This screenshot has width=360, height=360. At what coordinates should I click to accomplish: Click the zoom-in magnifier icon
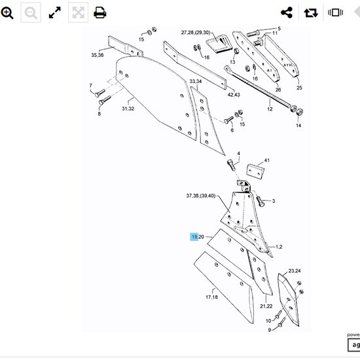point(8,12)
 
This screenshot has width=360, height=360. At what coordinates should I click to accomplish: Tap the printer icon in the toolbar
point(100,12)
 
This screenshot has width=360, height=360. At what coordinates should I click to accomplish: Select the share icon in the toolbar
point(286,12)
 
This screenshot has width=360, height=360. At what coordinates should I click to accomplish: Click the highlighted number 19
point(194,237)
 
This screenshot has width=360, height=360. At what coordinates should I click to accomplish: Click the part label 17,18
point(212,297)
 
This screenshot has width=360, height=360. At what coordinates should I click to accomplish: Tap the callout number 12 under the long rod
point(269,109)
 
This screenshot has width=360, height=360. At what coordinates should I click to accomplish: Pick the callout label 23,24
point(293,271)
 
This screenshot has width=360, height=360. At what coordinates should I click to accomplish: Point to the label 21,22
point(266,306)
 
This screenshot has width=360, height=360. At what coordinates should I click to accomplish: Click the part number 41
point(266,160)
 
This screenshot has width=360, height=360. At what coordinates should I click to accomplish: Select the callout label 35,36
point(98,56)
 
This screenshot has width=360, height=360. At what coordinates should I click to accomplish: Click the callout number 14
point(298,125)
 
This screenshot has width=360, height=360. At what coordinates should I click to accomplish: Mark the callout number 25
point(299,87)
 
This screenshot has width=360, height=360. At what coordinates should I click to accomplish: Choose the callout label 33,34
point(196,82)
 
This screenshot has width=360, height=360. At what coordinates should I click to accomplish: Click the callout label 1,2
point(278,247)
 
